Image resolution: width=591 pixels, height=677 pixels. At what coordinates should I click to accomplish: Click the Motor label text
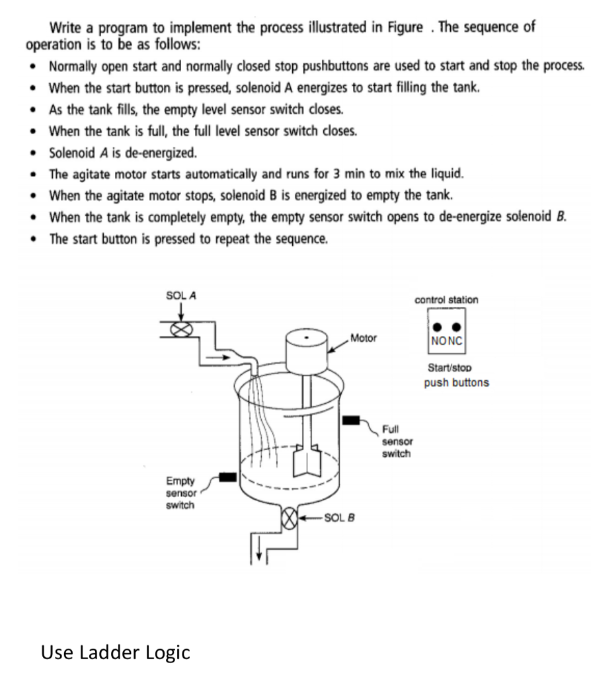pos(363,338)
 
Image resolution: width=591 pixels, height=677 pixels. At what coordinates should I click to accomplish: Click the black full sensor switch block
pos(350,420)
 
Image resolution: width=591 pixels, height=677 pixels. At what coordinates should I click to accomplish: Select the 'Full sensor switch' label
pos(396,440)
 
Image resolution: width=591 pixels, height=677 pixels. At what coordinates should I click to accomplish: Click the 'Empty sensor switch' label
pos(179,493)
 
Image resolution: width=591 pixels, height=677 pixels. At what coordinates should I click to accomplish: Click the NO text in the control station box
pos(438,343)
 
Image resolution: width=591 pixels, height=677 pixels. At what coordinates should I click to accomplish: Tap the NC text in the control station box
pos(455,343)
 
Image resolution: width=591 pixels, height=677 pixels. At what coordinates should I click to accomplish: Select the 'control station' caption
pos(446,299)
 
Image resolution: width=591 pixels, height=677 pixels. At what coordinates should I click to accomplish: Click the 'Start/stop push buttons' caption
pos(456,376)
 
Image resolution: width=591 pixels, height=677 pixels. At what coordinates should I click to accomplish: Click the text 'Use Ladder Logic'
pos(116,653)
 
